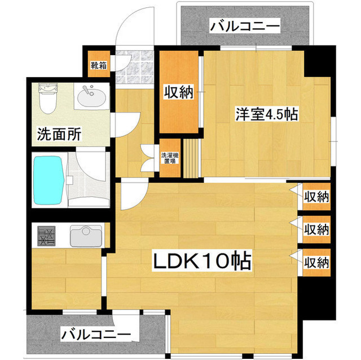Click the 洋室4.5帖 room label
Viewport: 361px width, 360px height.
coord(267,114)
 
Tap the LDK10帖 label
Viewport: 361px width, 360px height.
coord(202,261)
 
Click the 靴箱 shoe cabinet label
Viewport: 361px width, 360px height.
coord(99,66)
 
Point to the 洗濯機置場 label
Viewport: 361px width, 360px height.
coord(170,158)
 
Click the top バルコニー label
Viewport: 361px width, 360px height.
coord(245,26)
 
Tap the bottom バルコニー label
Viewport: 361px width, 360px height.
coord(96,335)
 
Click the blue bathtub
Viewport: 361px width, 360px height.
coord(49,180)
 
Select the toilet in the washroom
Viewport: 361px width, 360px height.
coord(48,99)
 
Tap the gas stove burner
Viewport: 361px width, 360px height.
coord(46,235)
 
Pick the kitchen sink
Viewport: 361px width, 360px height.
coord(86,236)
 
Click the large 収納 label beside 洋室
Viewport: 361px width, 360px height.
coord(179,92)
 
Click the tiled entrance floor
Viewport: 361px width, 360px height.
coord(135,67)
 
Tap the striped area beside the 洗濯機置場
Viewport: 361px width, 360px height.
coord(191,158)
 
